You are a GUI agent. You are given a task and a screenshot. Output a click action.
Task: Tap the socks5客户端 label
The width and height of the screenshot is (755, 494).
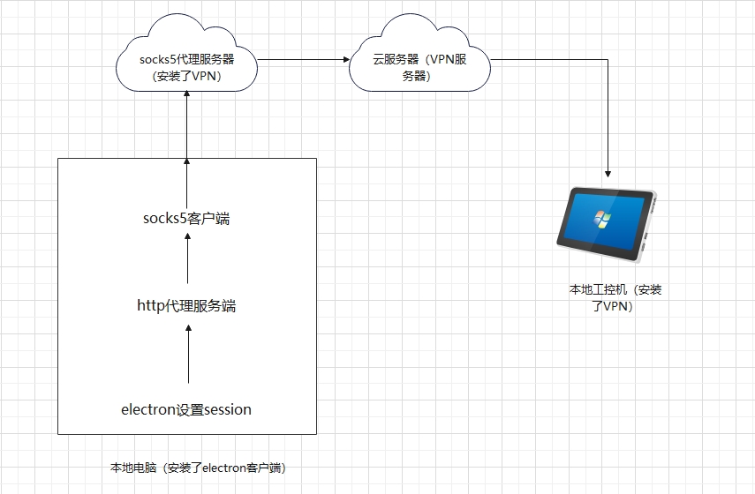(x=186, y=218)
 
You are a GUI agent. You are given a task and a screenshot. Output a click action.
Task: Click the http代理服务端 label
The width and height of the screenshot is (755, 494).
(x=186, y=306)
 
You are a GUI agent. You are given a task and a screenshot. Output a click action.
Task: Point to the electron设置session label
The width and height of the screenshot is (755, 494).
(x=186, y=409)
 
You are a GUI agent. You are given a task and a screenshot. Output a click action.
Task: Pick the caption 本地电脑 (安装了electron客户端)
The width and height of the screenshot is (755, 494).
(x=198, y=468)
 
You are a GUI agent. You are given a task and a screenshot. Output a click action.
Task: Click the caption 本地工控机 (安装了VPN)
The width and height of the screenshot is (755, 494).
(x=615, y=298)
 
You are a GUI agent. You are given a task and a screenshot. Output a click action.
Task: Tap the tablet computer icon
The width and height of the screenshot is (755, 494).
(x=606, y=224)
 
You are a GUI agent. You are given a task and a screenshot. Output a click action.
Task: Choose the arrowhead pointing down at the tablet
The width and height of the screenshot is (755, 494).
(x=608, y=173)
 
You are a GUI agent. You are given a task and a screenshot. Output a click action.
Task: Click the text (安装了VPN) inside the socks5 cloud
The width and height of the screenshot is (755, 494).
(x=186, y=76)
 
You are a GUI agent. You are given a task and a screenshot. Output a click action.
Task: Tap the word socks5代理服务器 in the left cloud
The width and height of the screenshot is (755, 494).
(x=186, y=60)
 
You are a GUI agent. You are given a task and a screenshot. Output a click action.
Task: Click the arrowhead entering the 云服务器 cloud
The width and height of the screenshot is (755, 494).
(x=345, y=60)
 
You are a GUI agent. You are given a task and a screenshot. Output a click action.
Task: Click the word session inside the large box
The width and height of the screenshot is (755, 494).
(x=228, y=409)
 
